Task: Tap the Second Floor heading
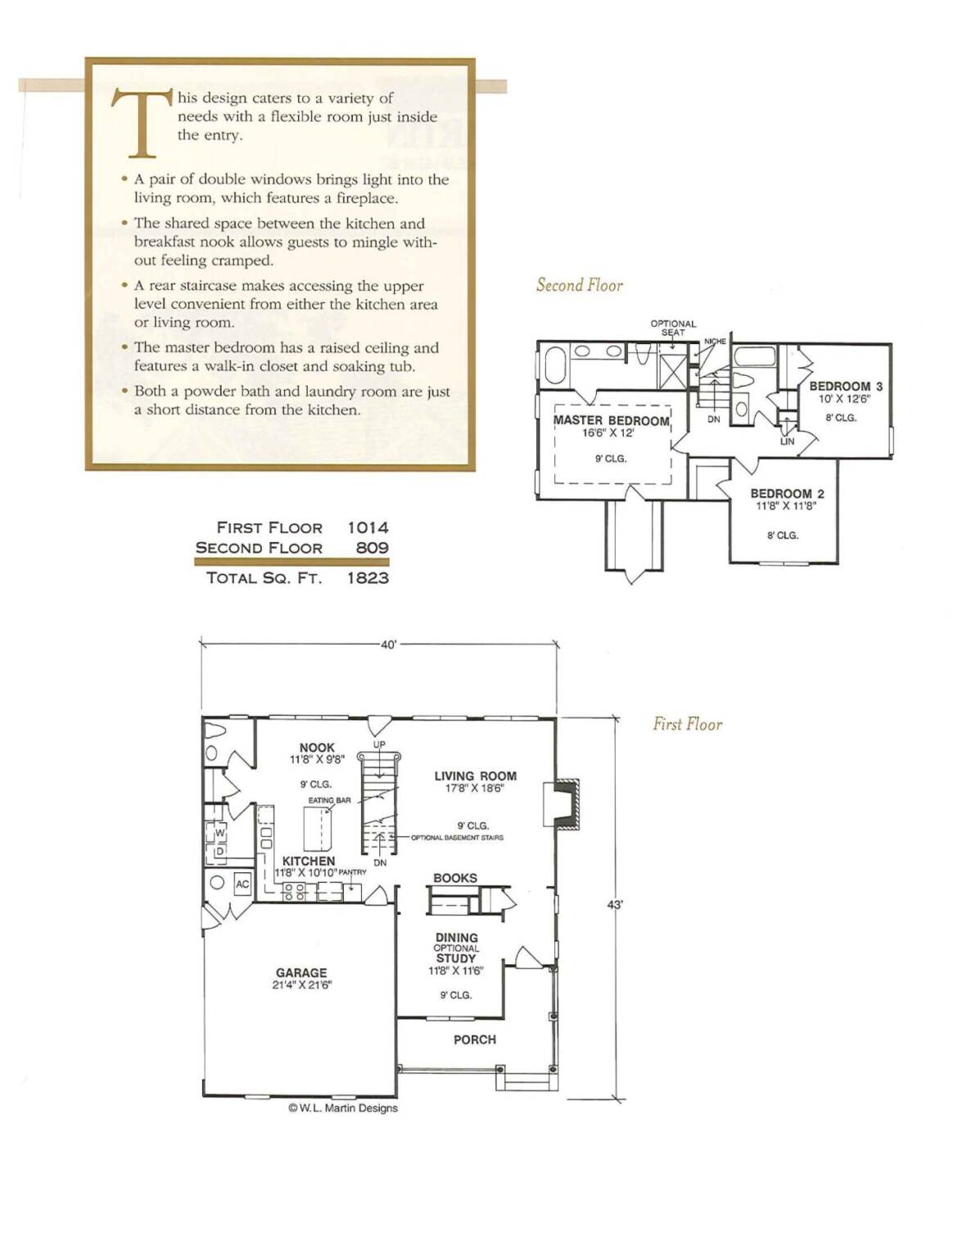tap(580, 285)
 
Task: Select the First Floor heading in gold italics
tap(687, 724)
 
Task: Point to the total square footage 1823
tap(368, 578)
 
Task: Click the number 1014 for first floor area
tap(368, 527)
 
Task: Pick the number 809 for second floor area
tap(373, 548)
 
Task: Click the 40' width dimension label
tap(388, 645)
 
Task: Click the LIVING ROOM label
tap(476, 776)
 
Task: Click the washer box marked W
tap(220, 833)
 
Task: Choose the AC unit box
tap(243, 884)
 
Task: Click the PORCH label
tap(474, 1039)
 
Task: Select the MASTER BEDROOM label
tap(612, 420)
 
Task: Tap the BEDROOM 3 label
tap(846, 387)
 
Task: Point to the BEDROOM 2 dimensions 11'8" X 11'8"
tap(787, 505)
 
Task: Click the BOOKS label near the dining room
tap(455, 878)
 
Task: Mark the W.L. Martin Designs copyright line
tap(343, 1107)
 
